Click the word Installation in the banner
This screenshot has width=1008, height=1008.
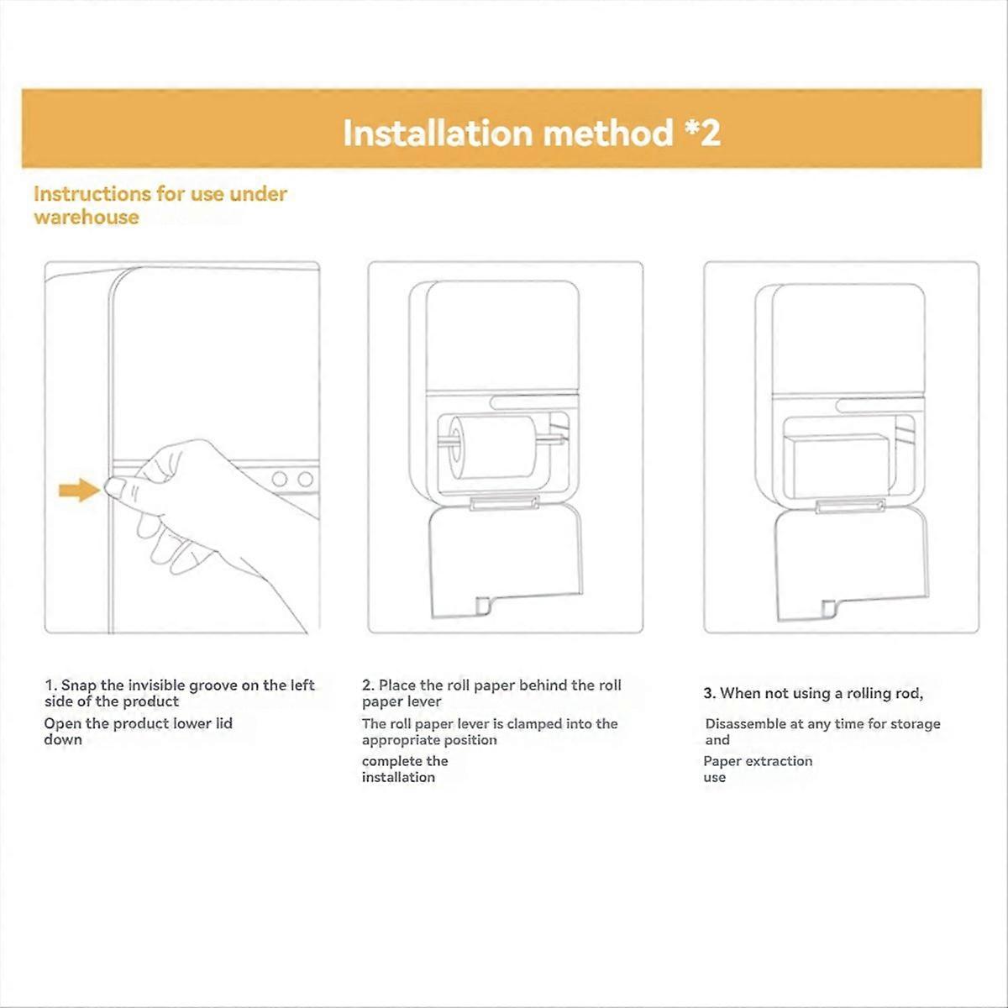[x=437, y=134]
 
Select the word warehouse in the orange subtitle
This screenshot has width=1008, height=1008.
[x=86, y=217]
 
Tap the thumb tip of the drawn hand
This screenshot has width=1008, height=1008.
[x=114, y=486]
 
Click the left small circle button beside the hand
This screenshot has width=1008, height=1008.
[x=281, y=480]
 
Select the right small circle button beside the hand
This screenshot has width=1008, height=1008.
[x=306, y=480]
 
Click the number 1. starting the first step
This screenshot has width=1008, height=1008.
[x=50, y=685]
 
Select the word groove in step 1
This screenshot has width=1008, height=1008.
[x=213, y=685]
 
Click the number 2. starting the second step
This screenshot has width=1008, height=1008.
[x=368, y=685]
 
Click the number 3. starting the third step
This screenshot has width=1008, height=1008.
[x=710, y=694]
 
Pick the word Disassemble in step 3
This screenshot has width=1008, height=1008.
[x=743, y=724]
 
